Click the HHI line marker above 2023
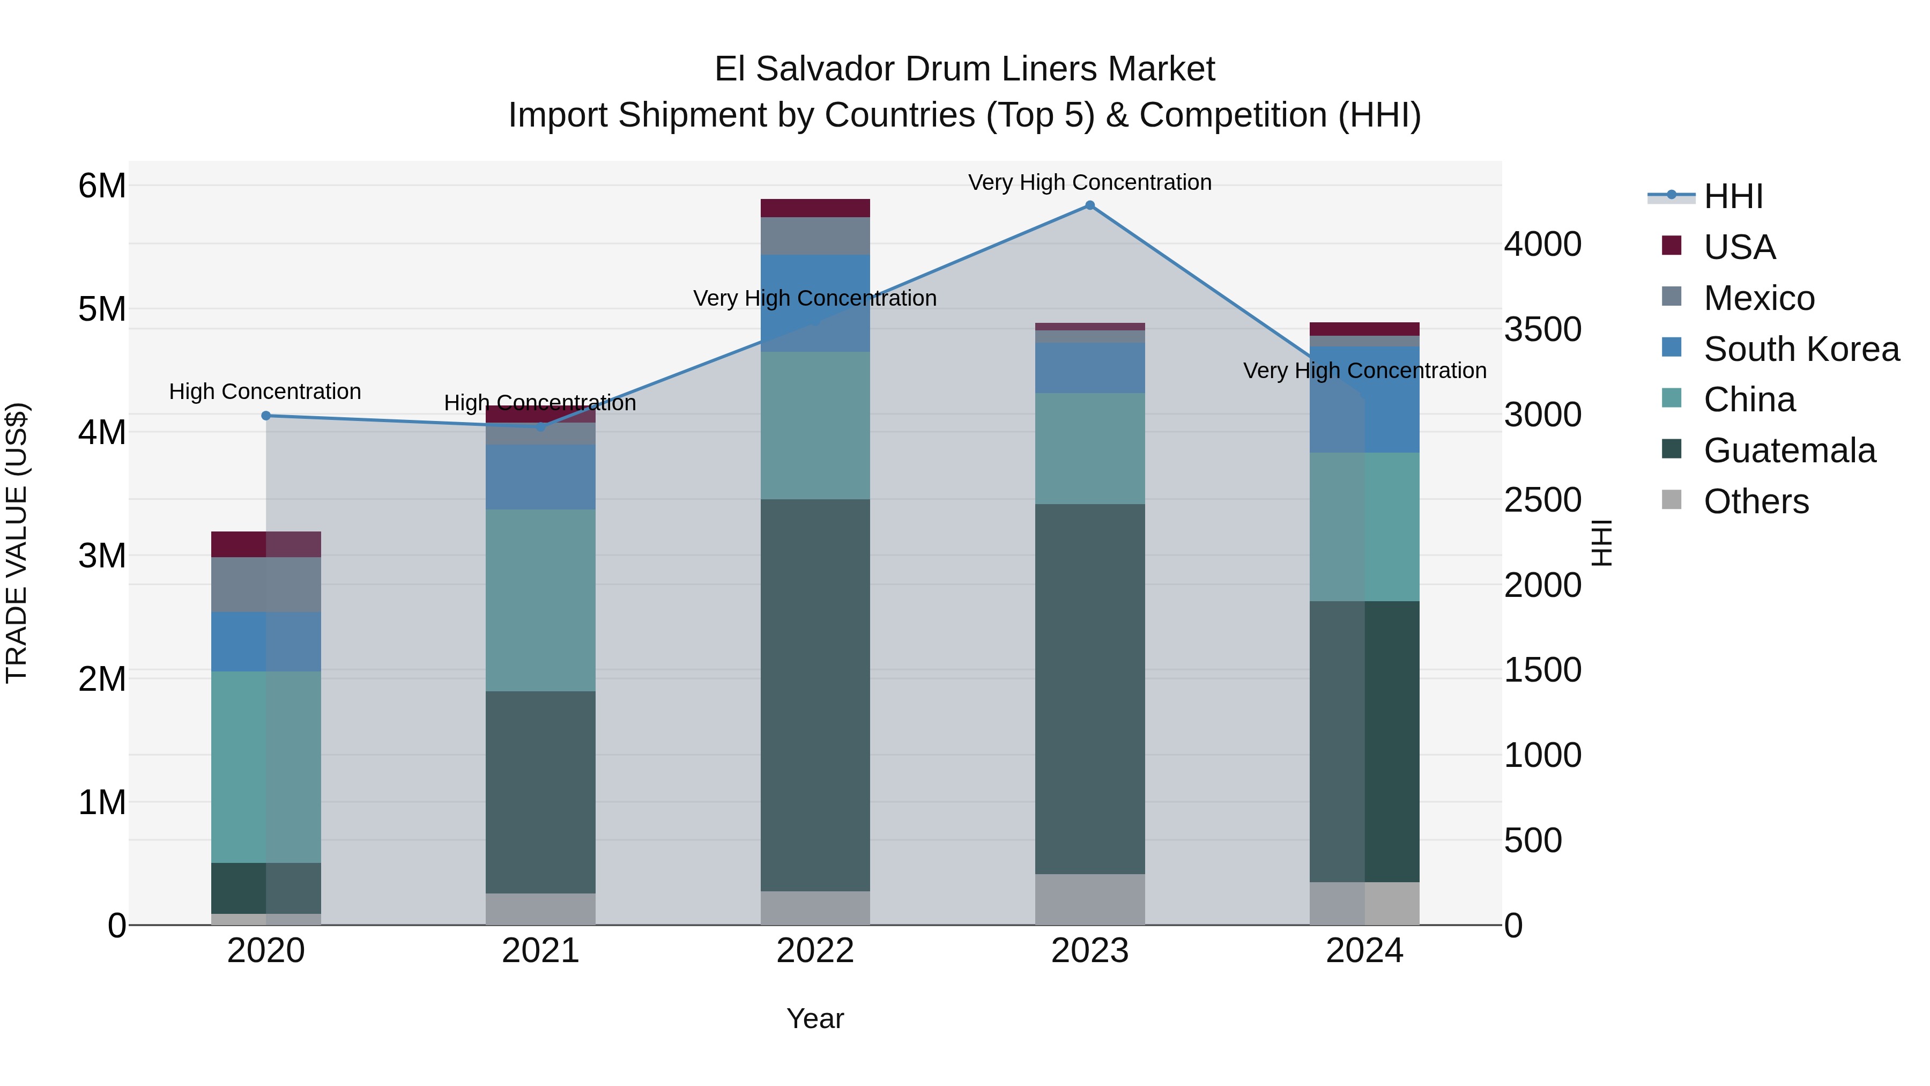point(1089,205)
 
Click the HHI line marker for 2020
point(266,415)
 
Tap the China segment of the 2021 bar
point(540,600)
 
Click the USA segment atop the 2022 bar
point(815,208)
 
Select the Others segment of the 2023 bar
point(1089,899)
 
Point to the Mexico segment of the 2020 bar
point(266,584)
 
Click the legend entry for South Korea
point(1801,349)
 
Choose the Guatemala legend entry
point(1789,450)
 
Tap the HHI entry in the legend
point(1733,196)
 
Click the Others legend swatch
point(1672,500)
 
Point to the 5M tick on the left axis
point(102,309)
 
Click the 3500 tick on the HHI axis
point(1542,329)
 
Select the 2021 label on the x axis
point(540,950)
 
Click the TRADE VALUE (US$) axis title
point(17,543)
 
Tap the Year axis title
point(815,1018)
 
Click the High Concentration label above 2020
point(265,391)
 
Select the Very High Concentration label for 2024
point(1364,370)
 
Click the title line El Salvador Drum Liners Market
point(964,69)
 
